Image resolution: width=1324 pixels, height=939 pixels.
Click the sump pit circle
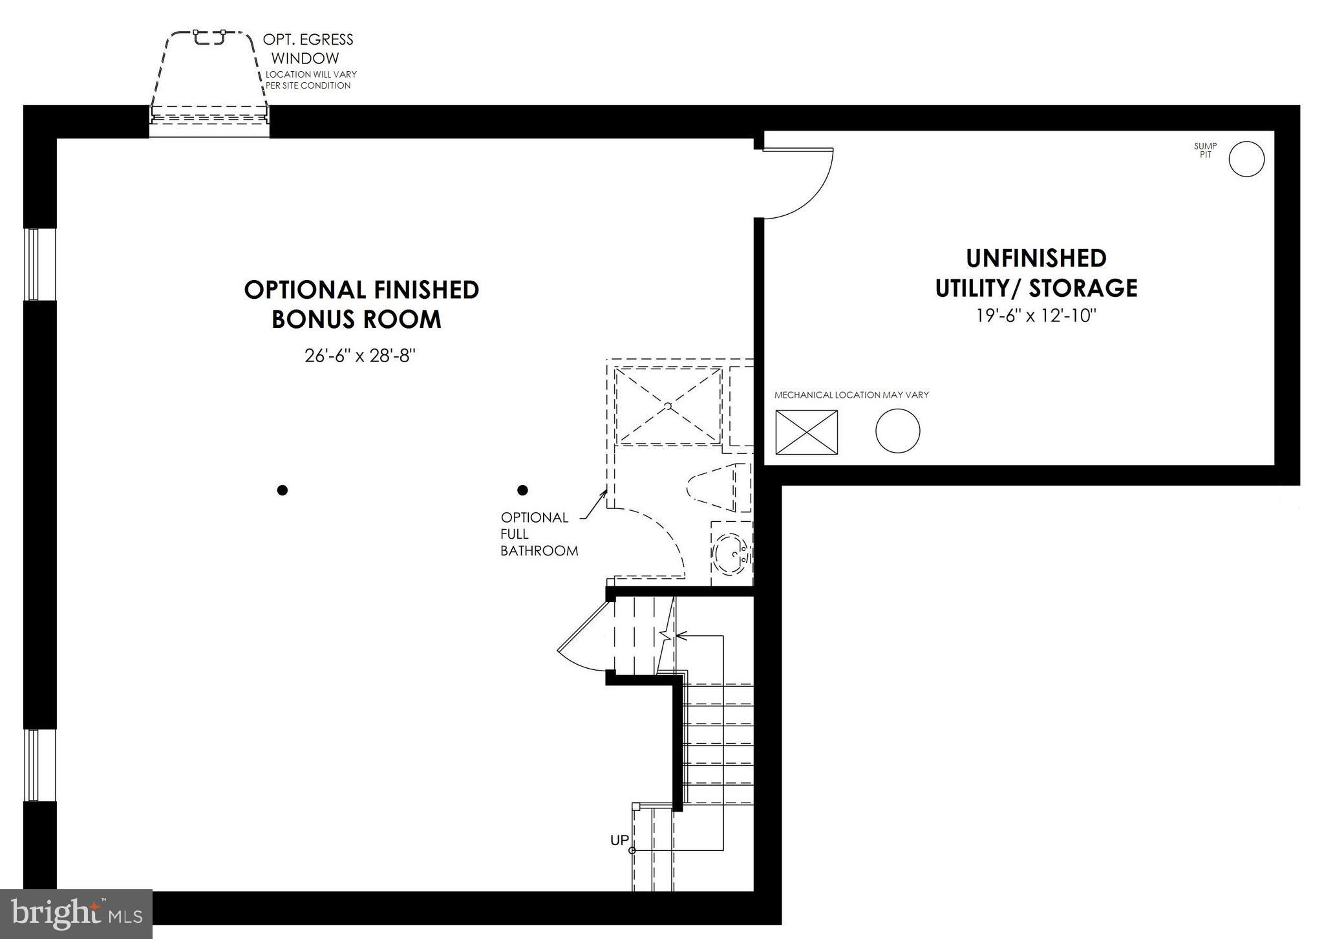[1246, 159]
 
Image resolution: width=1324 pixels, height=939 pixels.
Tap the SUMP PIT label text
[1205, 151]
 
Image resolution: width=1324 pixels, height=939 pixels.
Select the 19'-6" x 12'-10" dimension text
[1036, 316]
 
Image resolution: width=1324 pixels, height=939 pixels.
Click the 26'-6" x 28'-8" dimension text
[359, 355]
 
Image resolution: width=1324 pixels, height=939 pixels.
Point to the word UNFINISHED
[1036, 258]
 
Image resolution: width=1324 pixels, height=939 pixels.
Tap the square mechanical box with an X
[806, 432]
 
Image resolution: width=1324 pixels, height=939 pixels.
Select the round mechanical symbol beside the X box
[897, 431]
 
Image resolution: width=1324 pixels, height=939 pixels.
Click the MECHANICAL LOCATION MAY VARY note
[851, 394]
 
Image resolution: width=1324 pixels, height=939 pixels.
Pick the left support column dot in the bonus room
[282, 490]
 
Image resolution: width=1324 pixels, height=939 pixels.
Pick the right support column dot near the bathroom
[522, 490]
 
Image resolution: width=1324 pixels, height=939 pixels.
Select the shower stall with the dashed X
[668, 405]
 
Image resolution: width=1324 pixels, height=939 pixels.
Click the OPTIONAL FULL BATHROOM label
[538, 534]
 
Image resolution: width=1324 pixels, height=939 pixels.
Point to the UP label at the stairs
[619, 840]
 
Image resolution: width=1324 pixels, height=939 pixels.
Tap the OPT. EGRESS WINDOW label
[308, 49]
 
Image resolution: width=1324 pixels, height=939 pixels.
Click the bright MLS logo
[76, 913]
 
